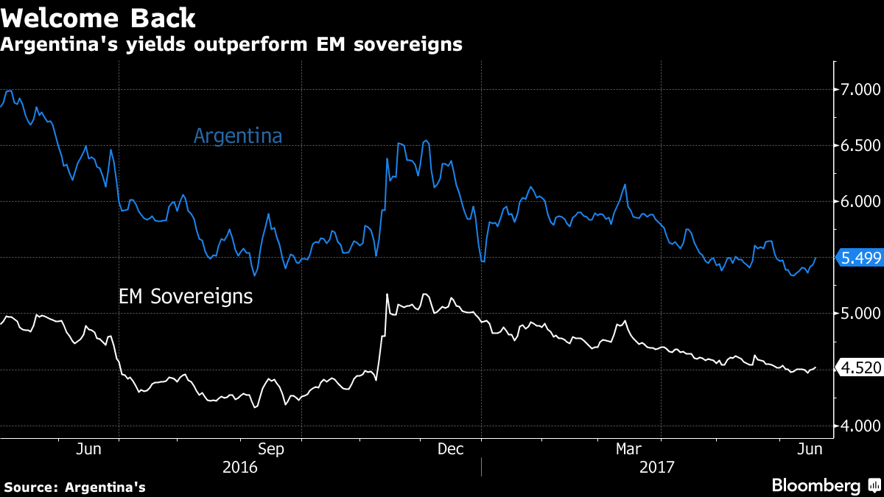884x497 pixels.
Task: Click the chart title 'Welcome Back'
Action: click(x=98, y=18)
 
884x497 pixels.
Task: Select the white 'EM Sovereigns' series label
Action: click(x=186, y=297)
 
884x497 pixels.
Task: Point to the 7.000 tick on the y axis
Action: click(x=860, y=90)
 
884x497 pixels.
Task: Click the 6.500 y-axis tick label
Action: click(x=860, y=146)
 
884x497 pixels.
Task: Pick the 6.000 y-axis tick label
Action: click(x=860, y=202)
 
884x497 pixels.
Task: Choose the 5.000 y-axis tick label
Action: click(x=860, y=314)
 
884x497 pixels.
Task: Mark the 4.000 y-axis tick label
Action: click(x=860, y=426)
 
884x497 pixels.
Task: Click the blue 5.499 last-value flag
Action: click(x=860, y=258)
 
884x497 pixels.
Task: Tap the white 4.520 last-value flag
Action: click(x=860, y=368)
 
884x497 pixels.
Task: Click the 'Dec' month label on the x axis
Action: click(x=450, y=448)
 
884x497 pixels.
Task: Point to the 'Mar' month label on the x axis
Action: click(x=631, y=448)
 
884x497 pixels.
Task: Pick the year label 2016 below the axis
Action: click(x=240, y=467)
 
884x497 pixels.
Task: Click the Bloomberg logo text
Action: click(x=815, y=486)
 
